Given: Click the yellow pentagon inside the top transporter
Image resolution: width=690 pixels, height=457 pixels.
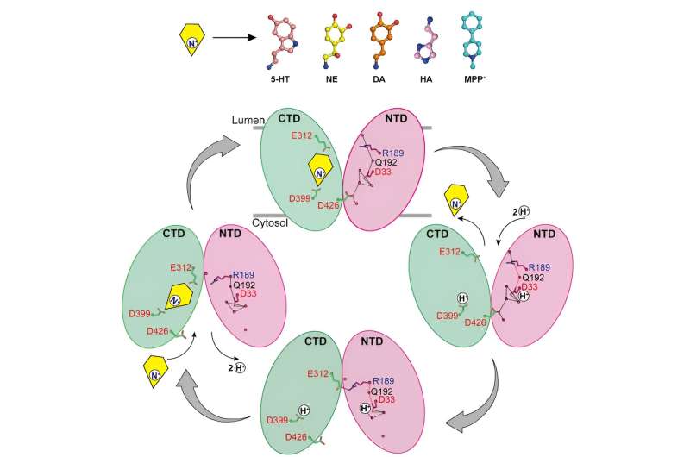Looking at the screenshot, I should click(323, 171).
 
